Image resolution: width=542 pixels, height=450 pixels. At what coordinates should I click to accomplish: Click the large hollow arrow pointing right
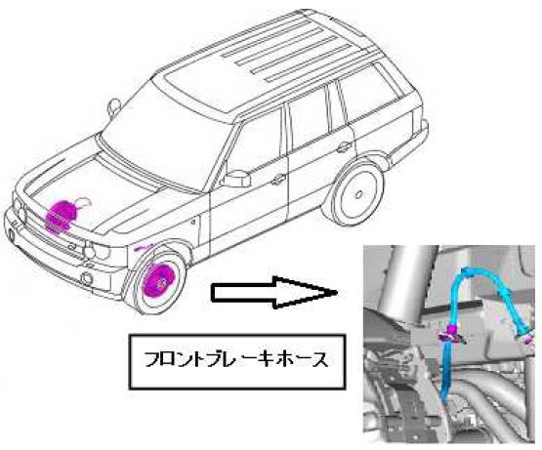point(273,293)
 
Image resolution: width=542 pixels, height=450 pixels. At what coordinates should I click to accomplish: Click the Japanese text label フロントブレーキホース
point(236,360)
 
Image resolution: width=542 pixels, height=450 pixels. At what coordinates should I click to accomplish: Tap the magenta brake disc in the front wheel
point(155,281)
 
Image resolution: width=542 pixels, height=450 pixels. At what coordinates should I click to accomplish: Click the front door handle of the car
point(278,179)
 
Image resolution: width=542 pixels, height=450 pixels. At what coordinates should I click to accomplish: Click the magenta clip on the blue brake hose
point(451,334)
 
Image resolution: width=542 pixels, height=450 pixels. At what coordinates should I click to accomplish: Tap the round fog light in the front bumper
point(86,278)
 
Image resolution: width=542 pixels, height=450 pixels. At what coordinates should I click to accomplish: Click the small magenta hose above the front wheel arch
point(145,248)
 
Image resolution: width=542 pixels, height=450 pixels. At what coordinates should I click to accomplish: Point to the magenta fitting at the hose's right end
point(527,340)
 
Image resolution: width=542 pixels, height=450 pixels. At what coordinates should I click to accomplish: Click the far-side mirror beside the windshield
point(114,105)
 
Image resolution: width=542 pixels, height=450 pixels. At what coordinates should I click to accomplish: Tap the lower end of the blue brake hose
point(445,400)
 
